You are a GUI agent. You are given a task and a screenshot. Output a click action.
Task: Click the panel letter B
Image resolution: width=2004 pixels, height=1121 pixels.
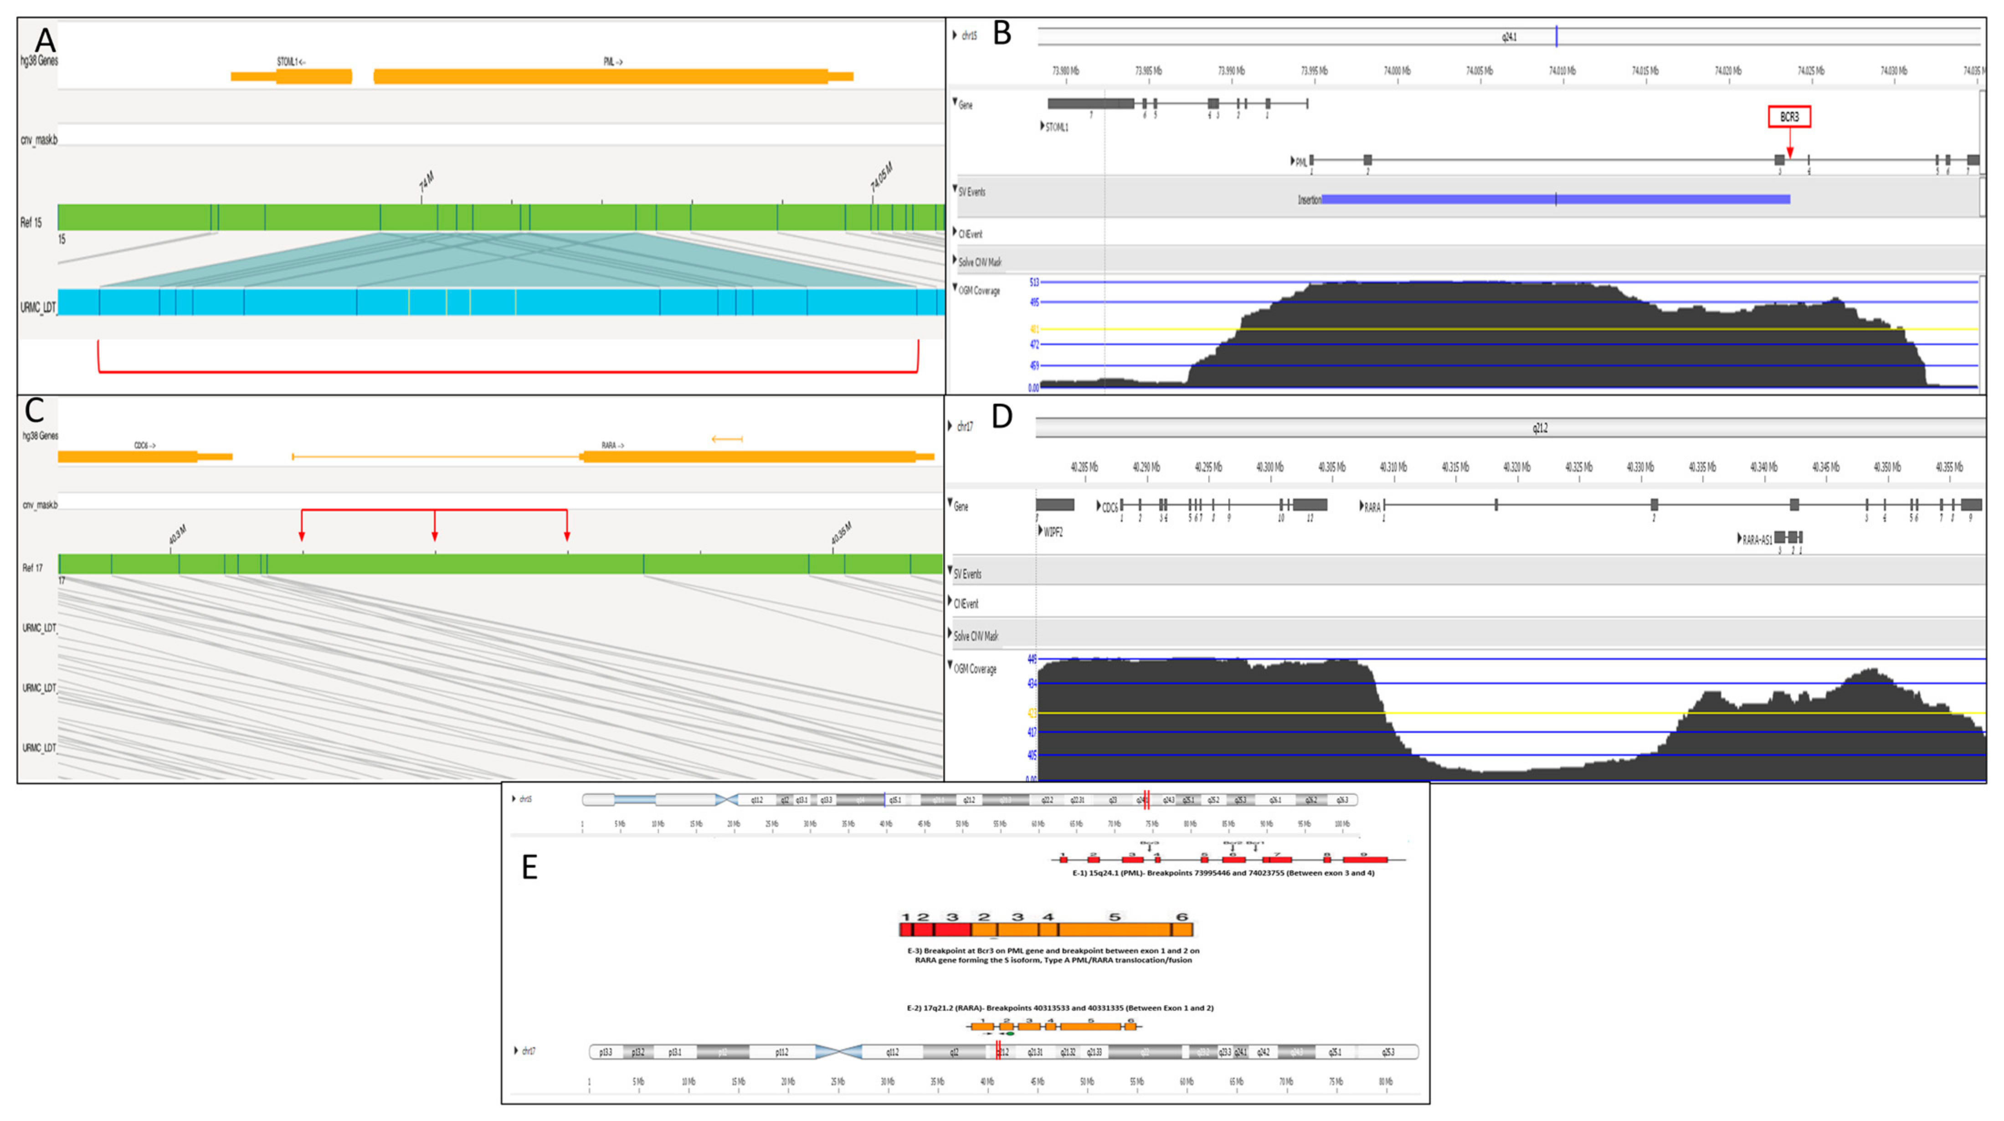(x=1002, y=33)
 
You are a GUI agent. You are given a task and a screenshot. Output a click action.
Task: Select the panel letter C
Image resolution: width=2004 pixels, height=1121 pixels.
(x=34, y=410)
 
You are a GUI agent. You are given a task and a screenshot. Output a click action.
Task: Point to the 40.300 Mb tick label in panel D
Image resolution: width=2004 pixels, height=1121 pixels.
(x=1269, y=468)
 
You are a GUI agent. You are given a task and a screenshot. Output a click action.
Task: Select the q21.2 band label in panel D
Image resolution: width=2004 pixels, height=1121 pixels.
(x=1540, y=428)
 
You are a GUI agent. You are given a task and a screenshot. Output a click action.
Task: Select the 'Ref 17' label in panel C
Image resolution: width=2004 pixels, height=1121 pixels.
(x=33, y=568)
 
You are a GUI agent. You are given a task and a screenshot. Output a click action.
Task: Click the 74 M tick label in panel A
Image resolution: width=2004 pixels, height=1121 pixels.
(x=426, y=182)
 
